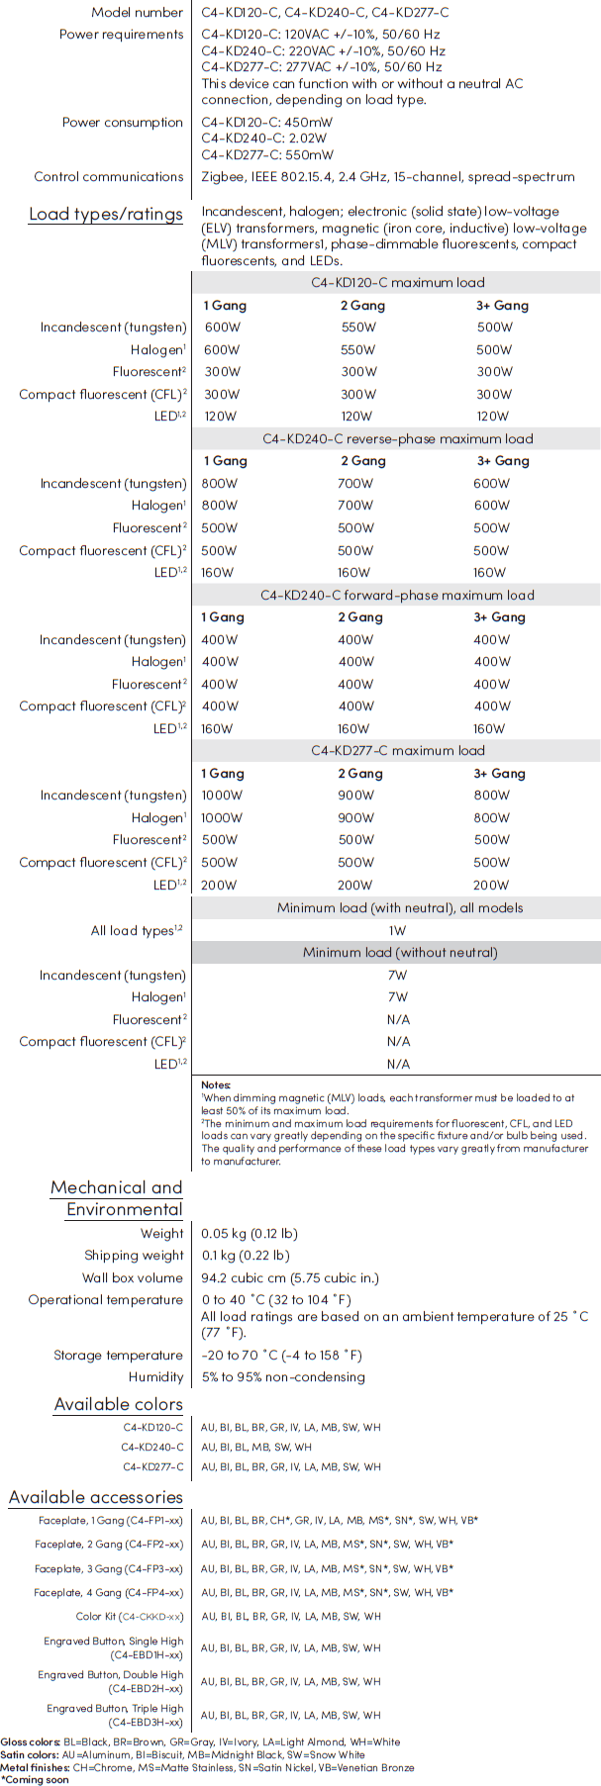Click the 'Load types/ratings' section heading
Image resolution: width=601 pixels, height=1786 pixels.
(106, 215)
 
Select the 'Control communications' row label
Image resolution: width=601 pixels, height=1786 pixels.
(109, 177)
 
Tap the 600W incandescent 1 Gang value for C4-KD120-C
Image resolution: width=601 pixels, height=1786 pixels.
(222, 328)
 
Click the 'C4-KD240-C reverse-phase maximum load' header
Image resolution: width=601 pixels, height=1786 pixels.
(397, 438)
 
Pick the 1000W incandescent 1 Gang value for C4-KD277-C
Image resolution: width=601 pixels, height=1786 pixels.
(222, 796)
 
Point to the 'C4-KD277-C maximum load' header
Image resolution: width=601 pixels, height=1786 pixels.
(398, 751)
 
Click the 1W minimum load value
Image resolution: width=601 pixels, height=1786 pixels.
(397, 930)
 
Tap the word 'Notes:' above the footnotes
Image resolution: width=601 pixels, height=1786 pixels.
(216, 1085)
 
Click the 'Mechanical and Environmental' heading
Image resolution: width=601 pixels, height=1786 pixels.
(117, 1198)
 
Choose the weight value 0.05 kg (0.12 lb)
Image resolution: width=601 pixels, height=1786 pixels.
(249, 1234)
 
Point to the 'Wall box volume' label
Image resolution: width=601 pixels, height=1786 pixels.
(133, 1278)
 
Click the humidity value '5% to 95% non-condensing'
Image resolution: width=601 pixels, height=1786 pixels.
(283, 1377)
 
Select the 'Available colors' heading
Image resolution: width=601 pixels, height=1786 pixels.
(119, 1405)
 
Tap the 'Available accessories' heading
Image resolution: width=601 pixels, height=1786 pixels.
(96, 1498)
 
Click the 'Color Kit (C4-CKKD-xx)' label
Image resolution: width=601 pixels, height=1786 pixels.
(130, 1617)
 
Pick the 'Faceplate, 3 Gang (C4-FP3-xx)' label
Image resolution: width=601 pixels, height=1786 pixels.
(109, 1569)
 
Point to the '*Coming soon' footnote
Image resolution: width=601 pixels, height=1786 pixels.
(36, 1779)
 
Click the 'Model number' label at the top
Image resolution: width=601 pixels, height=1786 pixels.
(138, 13)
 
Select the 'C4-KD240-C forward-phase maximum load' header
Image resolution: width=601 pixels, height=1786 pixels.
(397, 595)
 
